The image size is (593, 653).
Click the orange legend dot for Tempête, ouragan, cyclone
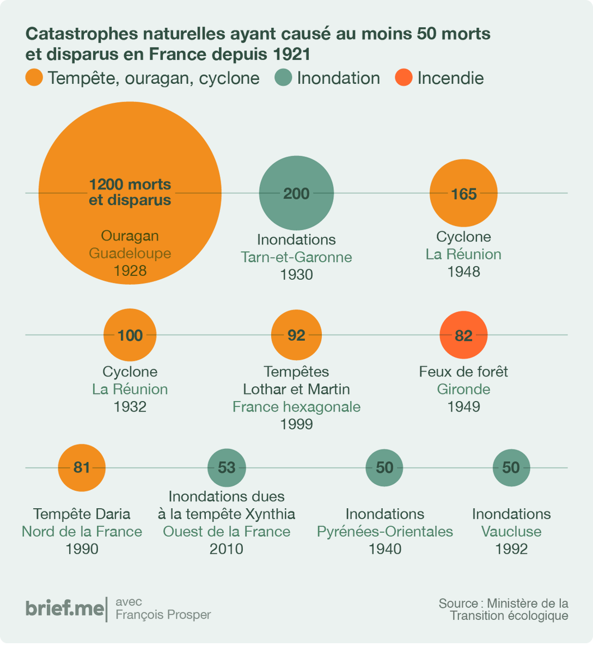[34, 78]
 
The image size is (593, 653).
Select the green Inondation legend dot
[284, 78]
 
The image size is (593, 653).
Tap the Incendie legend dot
[404, 78]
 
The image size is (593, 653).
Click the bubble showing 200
[296, 193]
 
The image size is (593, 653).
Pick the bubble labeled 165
[463, 194]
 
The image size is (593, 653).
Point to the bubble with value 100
[130, 335]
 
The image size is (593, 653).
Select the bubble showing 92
[296, 335]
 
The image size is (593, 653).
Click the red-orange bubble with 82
[463, 335]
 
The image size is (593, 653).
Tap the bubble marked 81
[82, 467]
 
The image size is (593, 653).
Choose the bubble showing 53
[227, 467]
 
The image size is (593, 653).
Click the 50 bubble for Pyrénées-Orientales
[384, 467]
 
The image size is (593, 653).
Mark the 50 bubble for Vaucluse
[511, 467]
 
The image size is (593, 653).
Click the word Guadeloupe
[130, 253]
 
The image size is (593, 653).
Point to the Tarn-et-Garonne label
[296, 257]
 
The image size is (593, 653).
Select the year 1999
[296, 424]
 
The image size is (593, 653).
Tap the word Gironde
[463, 389]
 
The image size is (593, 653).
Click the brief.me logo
[64, 608]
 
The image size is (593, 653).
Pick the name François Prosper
[163, 614]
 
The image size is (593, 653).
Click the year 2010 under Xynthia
[227, 549]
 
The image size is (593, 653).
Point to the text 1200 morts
[130, 184]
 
